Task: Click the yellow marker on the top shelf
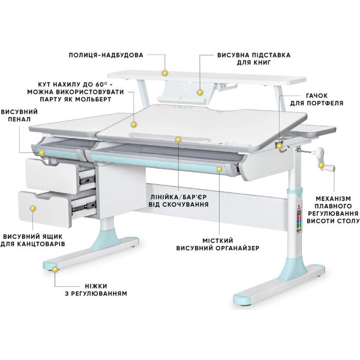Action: coord(164,73)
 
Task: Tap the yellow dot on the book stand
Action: coord(200,92)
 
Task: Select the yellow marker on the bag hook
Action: coord(280,146)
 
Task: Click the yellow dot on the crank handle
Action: coord(321,165)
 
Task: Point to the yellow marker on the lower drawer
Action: coord(33,208)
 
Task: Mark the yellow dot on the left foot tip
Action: coord(55,269)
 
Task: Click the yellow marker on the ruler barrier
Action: coord(178,139)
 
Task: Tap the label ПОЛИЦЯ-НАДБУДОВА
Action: coord(106,55)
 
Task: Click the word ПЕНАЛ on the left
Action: coord(19,119)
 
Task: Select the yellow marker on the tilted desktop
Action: coord(134,125)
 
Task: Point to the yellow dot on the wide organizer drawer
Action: coord(219,169)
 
